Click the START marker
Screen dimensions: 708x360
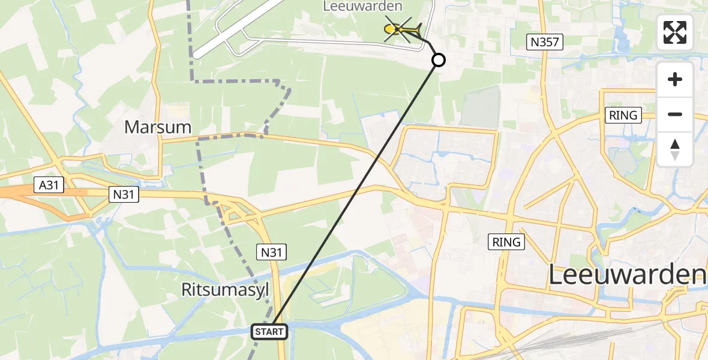pos(269,332)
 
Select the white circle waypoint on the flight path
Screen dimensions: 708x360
pos(439,60)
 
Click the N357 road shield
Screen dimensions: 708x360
pos(544,41)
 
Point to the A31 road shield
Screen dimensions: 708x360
pos(49,185)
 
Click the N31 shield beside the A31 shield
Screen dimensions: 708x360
pos(124,193)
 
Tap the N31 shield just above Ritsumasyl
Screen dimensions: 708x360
pos(270,253)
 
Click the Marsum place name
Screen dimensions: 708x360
pos(158,127)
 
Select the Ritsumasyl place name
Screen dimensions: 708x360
pos(225,290)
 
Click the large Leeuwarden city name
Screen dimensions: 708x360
pos(627,275)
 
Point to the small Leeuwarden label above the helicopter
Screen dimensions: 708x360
pos(362,7)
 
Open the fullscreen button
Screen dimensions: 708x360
pos(675,32)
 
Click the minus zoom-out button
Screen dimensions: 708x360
pos(675,115)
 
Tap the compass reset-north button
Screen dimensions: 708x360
pos(675,149)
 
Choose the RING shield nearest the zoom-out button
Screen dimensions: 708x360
pos(623,115)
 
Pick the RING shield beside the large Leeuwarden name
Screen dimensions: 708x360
pos(508,242)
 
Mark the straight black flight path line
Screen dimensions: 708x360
pos(354,196)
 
